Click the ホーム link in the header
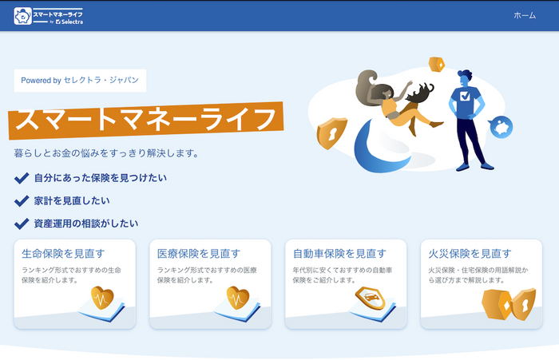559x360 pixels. pos(525,15)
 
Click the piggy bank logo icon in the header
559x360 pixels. pos(23,16)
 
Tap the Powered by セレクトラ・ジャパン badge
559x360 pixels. pos(80,81)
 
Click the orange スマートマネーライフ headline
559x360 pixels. pos(146,120)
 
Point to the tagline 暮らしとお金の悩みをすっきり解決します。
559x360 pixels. pos(106,153)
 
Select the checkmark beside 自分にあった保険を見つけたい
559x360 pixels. pos(22,178)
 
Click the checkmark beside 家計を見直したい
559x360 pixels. pos(22,200)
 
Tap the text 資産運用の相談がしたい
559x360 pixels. pos(86,224)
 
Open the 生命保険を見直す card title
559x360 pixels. pos(63,253)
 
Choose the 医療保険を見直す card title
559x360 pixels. pos(199,253)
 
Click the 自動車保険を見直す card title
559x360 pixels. pos(339,253)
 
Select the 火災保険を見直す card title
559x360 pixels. pos(470,253)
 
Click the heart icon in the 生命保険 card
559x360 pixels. pos(102,298)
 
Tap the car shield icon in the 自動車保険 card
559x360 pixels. pos(371,298)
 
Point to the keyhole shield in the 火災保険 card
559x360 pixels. pos(524,304)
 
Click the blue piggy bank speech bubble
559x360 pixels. pos(501,127)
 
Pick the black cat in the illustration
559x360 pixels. pos(420,92)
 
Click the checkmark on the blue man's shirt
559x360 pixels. pos(466,96)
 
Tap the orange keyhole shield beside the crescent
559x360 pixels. pos(331,133)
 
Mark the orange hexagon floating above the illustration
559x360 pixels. pos(437,65)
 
